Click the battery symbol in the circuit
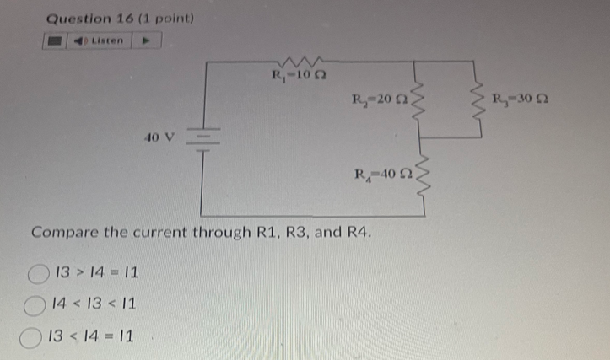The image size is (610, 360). click(x=202, y=140)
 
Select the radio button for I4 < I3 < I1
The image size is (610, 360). click(x=38, y=304)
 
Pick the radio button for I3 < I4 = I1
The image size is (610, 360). click(x=38, y=336)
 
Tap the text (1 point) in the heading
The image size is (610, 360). click(x=164, y=17)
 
